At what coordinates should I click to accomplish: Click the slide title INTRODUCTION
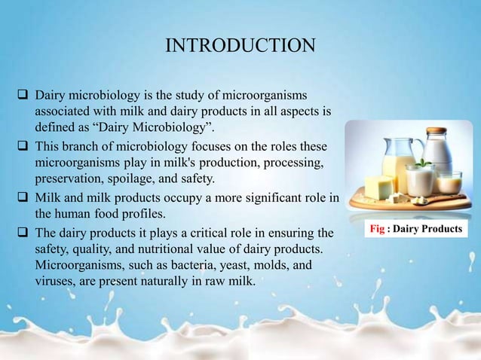[240, 46]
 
